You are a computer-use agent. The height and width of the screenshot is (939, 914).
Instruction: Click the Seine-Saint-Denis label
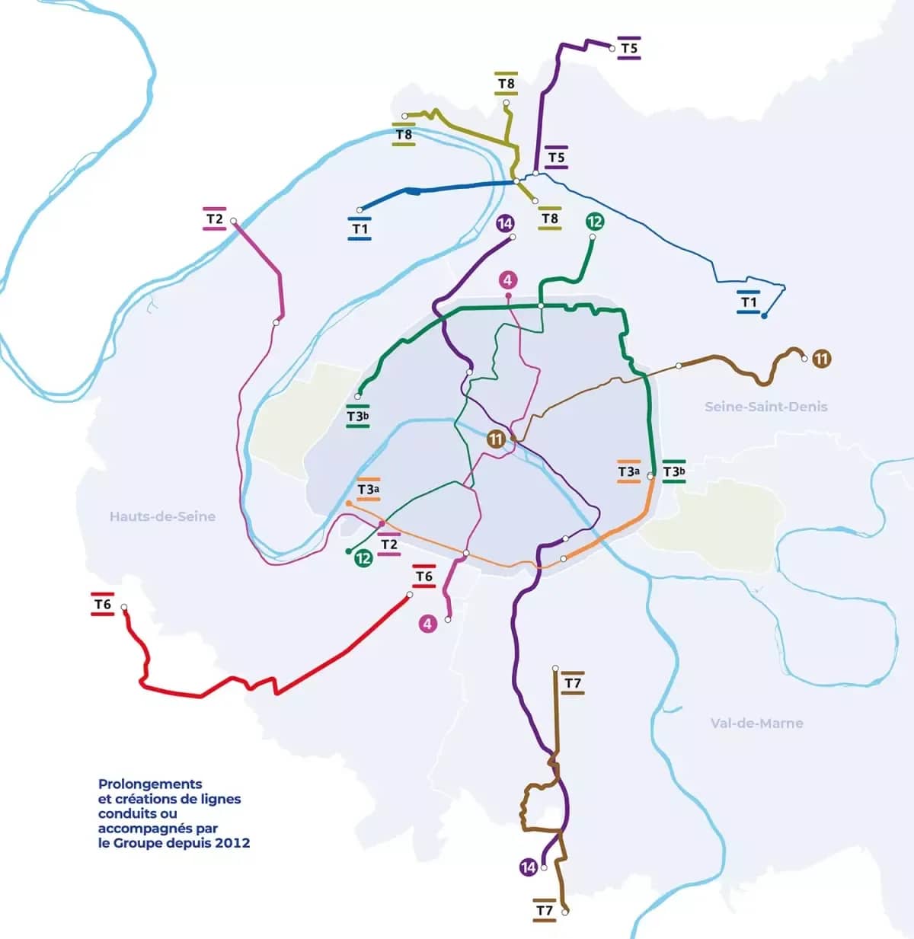(x=765, y=407)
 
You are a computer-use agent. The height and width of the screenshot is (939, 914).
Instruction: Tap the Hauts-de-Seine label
(x=162, y=516)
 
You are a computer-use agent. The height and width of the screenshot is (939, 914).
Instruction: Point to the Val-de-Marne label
(x=756, y=723)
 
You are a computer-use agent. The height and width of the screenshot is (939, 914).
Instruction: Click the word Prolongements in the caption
(x=150, y=784)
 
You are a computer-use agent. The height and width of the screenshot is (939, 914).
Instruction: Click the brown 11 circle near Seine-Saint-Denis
(x=821, y=358)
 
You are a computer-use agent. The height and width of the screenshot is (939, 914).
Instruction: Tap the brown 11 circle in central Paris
(x=496, y=439)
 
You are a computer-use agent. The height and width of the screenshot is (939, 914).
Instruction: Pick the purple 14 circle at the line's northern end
(x=505, y=223)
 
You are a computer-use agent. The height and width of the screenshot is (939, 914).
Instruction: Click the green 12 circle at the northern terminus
(x=595, y=222)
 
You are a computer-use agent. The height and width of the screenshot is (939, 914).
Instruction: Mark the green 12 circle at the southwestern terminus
(x=363, y=558)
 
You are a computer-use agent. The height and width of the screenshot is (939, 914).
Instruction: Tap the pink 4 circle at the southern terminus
(x=427, y=624)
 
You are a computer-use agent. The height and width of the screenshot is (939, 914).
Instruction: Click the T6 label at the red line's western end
(x=103, y=605)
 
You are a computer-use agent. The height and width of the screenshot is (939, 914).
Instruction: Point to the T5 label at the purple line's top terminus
(x=629, y=48)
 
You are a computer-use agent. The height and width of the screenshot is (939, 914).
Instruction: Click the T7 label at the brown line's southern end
(x=544, y=911)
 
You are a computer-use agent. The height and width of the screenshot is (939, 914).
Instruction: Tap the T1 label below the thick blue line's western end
(x=360, y=228)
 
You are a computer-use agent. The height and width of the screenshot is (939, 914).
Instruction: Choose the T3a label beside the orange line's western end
(x=369, y=490)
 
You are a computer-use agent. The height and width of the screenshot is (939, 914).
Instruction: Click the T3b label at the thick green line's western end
(x=358, y=417)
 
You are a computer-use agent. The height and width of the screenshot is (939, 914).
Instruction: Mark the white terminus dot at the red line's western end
(x=124, y=608)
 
